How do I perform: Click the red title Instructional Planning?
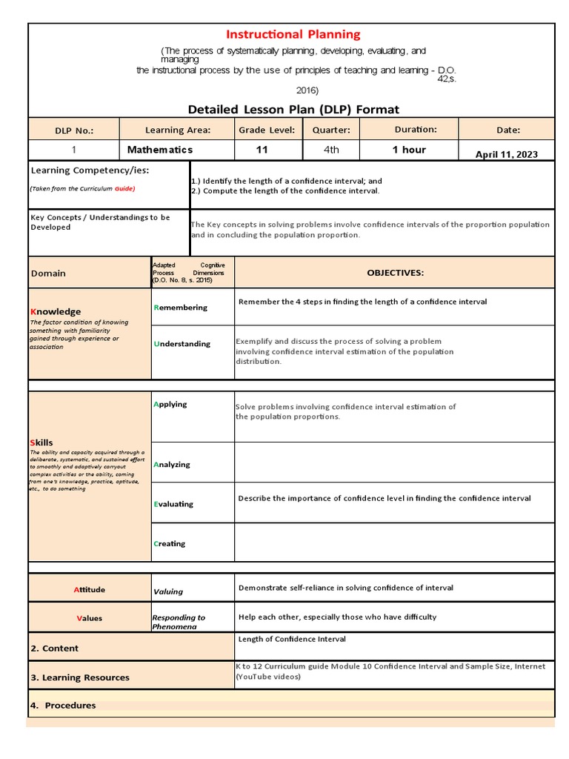293,34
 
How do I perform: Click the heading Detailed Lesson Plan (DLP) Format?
293,110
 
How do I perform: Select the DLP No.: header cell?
74,130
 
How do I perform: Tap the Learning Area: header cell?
178,130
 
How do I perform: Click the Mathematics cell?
160,150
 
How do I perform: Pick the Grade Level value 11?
262,150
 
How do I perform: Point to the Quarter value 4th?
331,150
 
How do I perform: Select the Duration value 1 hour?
409,150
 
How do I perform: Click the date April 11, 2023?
507,155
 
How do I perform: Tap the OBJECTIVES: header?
396,273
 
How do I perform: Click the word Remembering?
181,308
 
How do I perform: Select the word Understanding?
182,344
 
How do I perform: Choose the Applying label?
170,405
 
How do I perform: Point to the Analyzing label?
172,465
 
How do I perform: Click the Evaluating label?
173,504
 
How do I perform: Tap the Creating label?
170,544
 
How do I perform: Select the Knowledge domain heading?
56,312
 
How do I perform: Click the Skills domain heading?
41,443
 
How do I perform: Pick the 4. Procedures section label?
63,706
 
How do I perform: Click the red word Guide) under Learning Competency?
124,189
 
